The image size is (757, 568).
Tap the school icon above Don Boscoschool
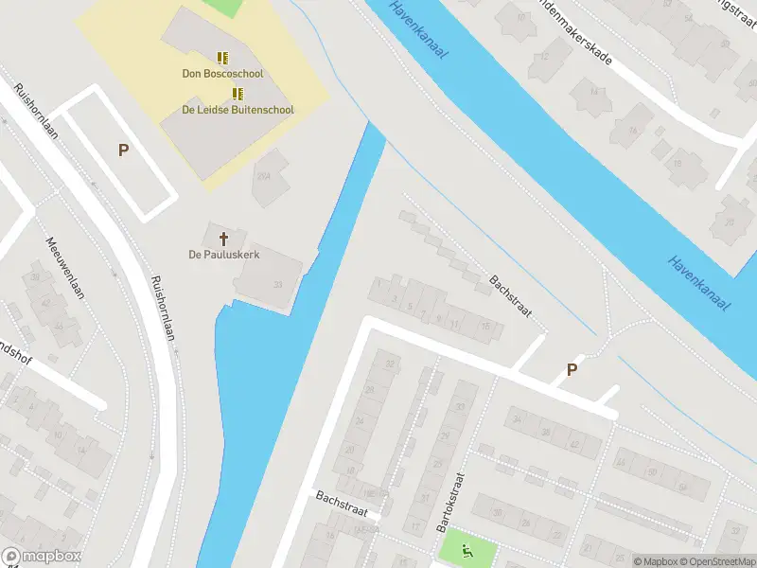click(222, 58)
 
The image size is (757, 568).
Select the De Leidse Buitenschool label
click(238, 110)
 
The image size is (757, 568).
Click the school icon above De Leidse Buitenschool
click(238, 94)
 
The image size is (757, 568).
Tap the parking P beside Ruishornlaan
click(123, 150)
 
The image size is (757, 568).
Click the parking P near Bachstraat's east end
click(572, 370)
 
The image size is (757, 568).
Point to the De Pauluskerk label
click(224, 255)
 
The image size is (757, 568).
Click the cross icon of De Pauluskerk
click(224, 238)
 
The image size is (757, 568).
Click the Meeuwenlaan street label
click(65, 268)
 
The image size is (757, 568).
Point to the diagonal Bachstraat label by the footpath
click(511, 295)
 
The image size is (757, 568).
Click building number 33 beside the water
click(277, 285)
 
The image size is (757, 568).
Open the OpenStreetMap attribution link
click(716, 561)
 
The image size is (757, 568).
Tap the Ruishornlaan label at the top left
click(36, 112)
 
